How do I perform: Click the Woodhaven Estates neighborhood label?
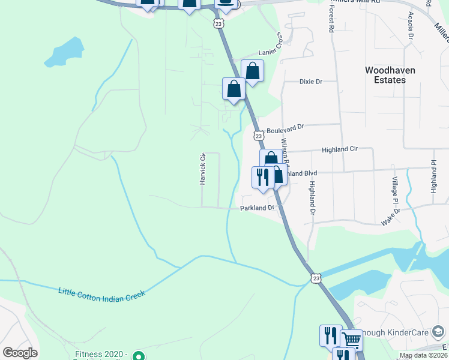[x=390, y=74]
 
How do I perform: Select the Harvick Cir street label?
[x=203, y=169]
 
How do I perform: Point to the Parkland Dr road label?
[x=257, y=208]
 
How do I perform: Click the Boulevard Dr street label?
[x=286, y=128]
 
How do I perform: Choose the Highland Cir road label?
[x=340, y=149]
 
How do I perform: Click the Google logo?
[x=20, y=353]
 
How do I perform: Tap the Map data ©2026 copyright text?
[x=423, y=355]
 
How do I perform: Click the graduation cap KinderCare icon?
[x=439, y=331]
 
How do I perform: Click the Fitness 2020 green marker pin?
[x=139, y=356]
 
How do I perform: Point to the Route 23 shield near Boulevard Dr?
[x=258, y=136]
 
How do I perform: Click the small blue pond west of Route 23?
[x=63, y=53]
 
